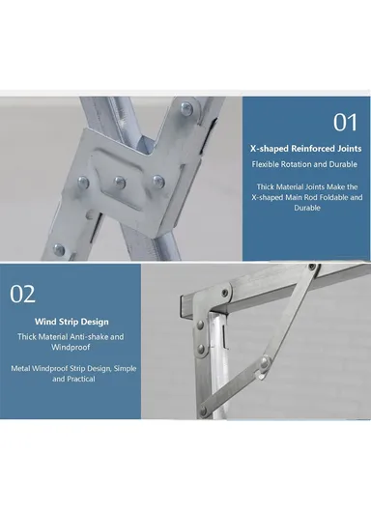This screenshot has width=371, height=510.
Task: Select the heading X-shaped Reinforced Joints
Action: coord(305,150)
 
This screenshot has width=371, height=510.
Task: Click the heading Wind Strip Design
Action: coord(72,321)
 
